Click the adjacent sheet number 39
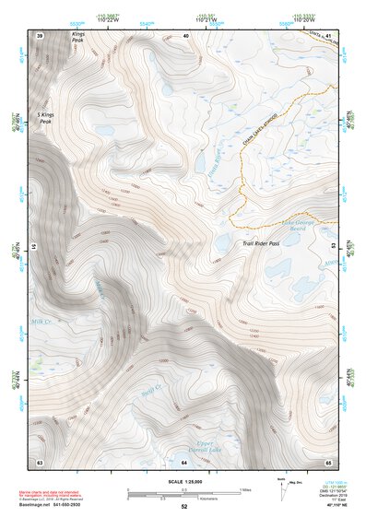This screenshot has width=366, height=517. [40, 35]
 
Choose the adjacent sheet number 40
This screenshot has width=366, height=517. [185, 35]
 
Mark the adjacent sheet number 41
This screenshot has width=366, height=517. [329, 35]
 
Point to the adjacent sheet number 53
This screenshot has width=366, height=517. [333, 247]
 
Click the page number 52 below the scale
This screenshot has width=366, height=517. [183, 506]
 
